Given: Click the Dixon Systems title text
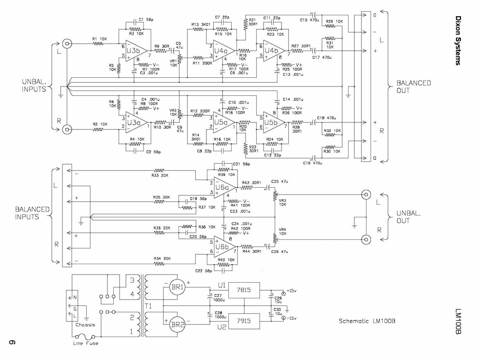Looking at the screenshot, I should (x=458, y=41).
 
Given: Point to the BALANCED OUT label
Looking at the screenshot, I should (x=413, y=87).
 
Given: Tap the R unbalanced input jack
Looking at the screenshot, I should (x=67, y=130).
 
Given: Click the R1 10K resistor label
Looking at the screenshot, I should (x=100, y=39).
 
